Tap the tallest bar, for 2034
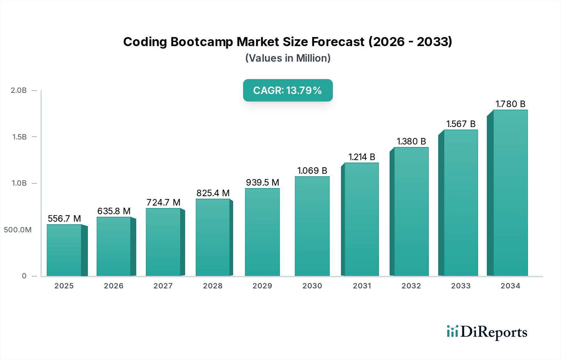pos(510,193)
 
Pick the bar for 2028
pos(213,237)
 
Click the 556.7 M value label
pos(64,219)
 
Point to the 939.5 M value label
pos(262,182)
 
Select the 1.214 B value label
pos(362,157)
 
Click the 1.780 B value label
pos(510,104)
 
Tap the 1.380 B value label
pos(411,141)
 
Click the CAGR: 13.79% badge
pos(288,90)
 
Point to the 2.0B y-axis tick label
pos(19,90)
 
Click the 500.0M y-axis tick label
pos(18,230)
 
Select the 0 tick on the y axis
pos(24,276)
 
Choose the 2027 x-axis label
pos(163,286)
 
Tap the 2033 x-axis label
pos(461,286)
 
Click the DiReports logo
pos(487,332)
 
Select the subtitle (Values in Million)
pos(288,58)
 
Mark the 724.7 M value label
pos(163,202)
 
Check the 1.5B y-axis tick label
pos(19,137)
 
